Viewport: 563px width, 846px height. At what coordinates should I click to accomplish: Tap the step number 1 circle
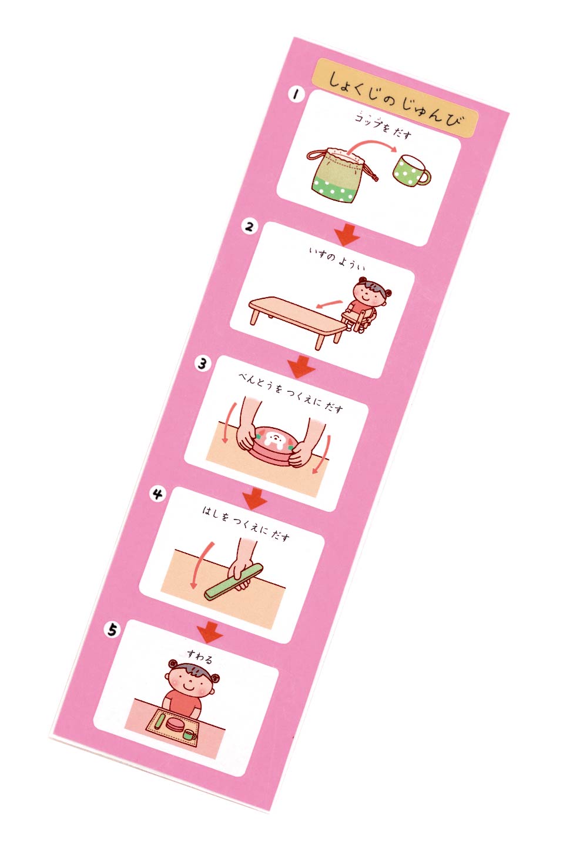click(296, 95)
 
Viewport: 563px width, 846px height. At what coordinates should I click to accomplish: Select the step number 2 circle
click(249, 227)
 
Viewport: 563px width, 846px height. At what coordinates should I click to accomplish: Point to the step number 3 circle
click(203, 364)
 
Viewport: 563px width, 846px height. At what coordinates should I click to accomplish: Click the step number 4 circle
click(157, 494)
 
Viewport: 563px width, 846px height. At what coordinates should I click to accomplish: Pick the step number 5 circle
click(112, 629)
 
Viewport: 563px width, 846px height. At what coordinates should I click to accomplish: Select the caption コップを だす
click(383, 125)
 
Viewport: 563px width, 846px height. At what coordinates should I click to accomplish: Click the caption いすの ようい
click(337, 258)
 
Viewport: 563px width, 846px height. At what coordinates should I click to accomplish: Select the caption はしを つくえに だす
click(246, 524)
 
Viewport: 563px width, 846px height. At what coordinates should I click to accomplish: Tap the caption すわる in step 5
click(200, 657)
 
